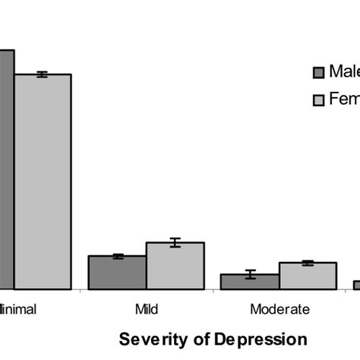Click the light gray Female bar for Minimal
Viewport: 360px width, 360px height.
click(x=43, y=182)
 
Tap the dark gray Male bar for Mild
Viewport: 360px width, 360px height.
click(x=117, y=273)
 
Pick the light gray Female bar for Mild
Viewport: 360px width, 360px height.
click(x=175, y=267)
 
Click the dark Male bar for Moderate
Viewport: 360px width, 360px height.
click(x=250, y=282)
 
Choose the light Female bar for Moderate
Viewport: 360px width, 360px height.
click(x=308, y=276)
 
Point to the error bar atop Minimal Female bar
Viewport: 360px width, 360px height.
click(x=43, y=74)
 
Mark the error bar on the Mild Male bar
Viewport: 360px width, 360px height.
click(x=118, y=256)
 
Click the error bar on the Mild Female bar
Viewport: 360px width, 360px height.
click(x=175, y=242)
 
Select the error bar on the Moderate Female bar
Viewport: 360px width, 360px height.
click(x=308, y=263)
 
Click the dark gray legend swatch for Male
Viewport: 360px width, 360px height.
click(x=319, y=72)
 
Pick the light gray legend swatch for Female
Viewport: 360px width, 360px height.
click(x=319, y=99)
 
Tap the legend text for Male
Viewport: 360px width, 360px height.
click(x=343, y=71)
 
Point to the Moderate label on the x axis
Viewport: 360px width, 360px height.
click(x=279, y=309)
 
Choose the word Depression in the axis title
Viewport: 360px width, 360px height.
click(x=257, y=339)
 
